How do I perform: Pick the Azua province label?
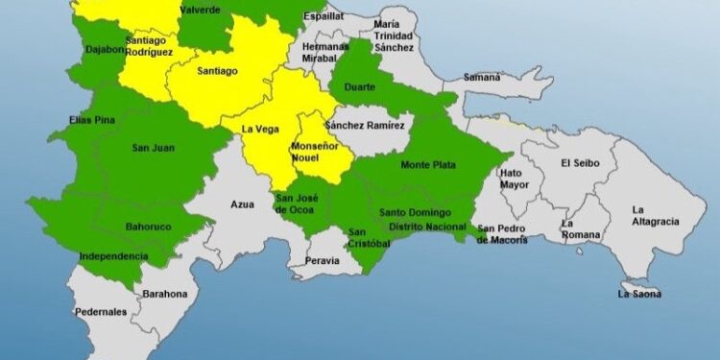click(242, 204)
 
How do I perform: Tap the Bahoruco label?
click(147, 227)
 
